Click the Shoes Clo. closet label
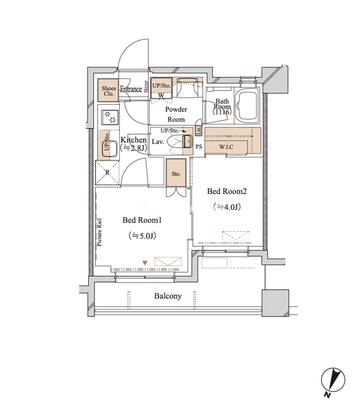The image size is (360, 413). (x=108, y=91)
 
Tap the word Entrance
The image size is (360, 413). (x=131, y=89)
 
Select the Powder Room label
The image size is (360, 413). (x=176, y=114)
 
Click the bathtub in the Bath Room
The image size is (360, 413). (x=247, y=105)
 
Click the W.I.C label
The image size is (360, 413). (x=226, y=147)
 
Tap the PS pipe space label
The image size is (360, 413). (x=199, y=147)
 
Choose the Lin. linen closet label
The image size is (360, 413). (x=199, y=131)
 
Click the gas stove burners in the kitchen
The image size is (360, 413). (x=111, y=117)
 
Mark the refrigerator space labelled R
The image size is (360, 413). (x=107, y=173)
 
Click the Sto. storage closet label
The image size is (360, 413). (x=176, y=174)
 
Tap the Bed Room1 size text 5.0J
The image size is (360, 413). (x=143, y=235)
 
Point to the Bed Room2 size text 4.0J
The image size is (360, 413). (x=227, y=207)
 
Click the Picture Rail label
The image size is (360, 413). (x=100, y=232)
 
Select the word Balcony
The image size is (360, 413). (x=168, y=296)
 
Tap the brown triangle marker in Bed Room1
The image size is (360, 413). (x=145, y=263)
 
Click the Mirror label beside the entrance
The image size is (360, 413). (x=146, y=87)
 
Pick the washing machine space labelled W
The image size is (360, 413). (x=161, y=95)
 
